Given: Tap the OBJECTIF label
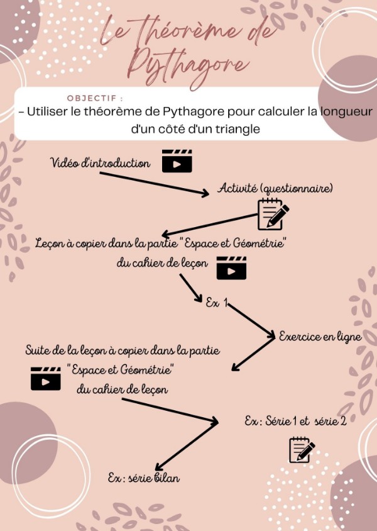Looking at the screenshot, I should click(x=95, y=99).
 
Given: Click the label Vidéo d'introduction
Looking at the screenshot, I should click(x=101, y=164).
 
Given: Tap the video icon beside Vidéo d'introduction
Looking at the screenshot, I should click(x=177, y=161).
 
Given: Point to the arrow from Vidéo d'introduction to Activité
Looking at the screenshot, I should click(x=154, y=183).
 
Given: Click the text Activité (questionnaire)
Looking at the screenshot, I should click(x=275, y=188).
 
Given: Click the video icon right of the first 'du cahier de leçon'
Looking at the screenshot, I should click(x=231, y=268).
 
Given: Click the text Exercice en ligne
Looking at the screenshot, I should click(x=320, y=337).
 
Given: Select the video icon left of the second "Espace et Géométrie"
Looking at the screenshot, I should click(x=46, y=378).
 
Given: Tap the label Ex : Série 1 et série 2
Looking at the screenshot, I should click(x=295, y=421).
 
